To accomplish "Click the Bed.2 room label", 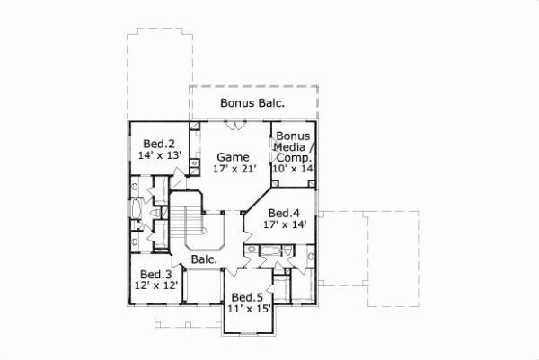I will (x=159, y=143).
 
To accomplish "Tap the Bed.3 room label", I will (x=155, y=274).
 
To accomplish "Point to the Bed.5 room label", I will (x=246, y=297).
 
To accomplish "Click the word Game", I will (x=231, y=156).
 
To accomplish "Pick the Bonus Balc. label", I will (x=252, y=103).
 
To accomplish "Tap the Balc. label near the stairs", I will (x=203, y=259).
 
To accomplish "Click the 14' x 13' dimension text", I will (x=160, y=155).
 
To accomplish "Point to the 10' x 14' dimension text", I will (x=295, y=167).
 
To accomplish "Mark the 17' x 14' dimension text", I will (x=284, y=225).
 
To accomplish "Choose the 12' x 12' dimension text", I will (x=155, y=285).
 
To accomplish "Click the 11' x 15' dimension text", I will (x=247, y=309).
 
